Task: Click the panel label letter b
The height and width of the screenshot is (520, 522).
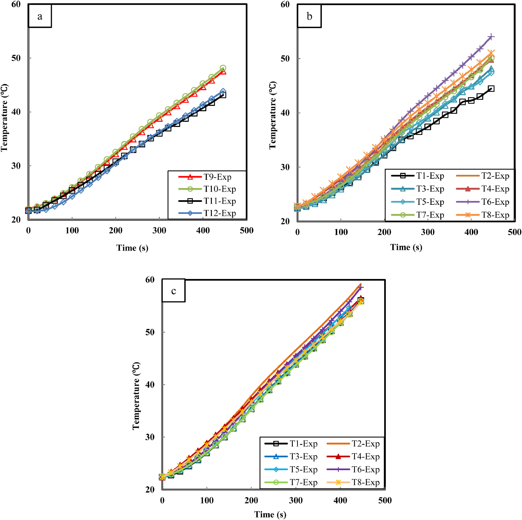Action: click(309, 16)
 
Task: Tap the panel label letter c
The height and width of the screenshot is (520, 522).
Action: click(174, 291)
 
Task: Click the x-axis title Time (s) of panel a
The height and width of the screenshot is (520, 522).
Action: click(132, 247)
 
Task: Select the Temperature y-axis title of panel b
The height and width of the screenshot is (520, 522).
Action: click(273, 115)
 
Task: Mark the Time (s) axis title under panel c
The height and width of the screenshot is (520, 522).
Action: click(270, 514)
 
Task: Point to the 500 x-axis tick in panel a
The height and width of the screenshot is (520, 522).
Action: click(246, 231)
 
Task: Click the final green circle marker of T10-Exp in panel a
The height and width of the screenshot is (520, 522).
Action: click(223, 68)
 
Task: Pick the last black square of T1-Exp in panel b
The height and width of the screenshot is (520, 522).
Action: click(491, 88)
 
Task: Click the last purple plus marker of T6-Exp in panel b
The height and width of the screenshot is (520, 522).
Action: click(491, 37)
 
